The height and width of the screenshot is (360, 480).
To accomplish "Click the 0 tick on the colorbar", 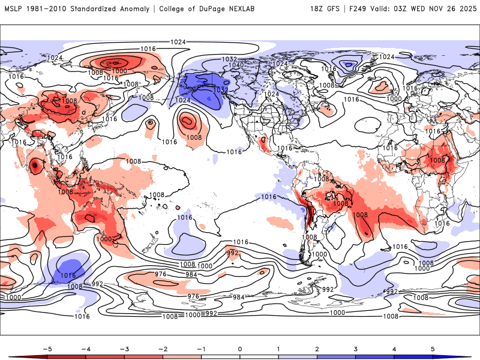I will pyautogui.click(x=239, y=348).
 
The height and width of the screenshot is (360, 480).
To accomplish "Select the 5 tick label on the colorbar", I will pyautogui.click(x=433, y=348).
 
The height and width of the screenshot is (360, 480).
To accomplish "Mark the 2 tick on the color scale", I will pyautogui.click(x=317, y=348).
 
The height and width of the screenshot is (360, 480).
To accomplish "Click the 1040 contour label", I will pyautogui.click(x=236, y=65).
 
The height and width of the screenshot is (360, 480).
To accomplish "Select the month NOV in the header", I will pyautogui.click(x=437, y=8).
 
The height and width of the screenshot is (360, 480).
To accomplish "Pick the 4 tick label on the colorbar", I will pyautogui.click(x=394, y=348).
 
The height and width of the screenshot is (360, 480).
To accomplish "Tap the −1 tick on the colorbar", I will pyautogui.click(x=201, y=348).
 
